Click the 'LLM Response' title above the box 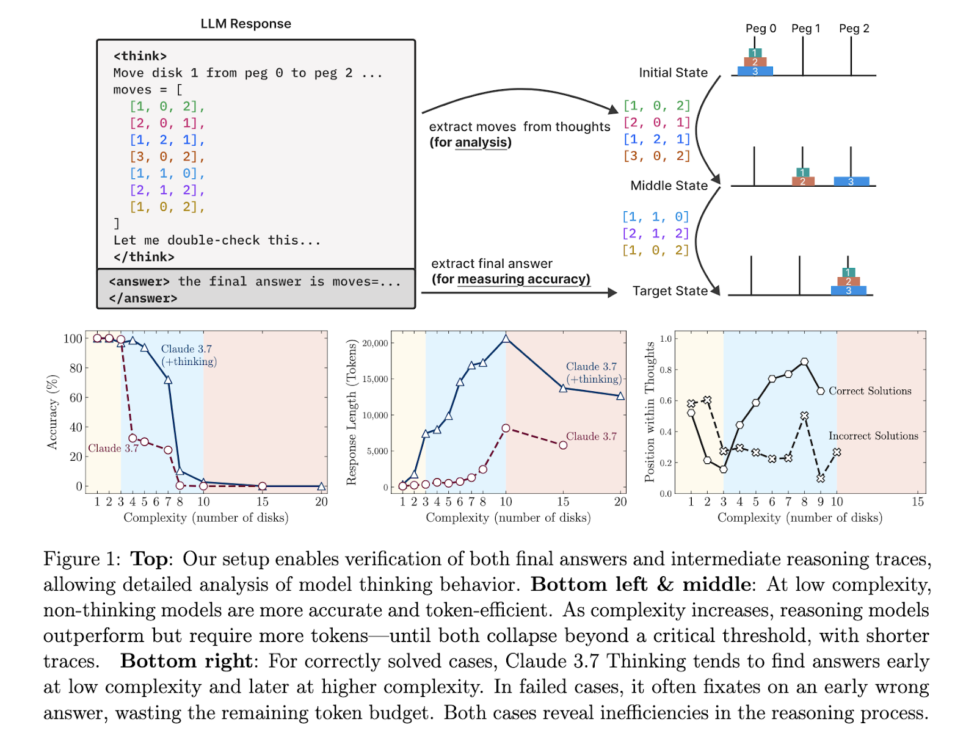pos(245,24)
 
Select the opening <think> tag pos(140,56)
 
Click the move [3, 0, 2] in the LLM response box pos(167,157)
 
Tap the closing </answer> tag pos(143,298)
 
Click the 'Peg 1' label pos(805,29)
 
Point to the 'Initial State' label pos(673,73)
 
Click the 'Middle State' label pos(669,186)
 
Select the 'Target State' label pos(670,291)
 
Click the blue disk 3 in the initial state pos(755,71)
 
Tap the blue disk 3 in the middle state pos(851,181)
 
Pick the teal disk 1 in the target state pos(848,272)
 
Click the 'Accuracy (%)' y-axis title pos(53,413)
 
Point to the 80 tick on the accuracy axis pos(76,368)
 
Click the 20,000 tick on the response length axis pos(375,343)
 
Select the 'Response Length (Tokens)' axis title pos(351,413)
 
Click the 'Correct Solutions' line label pos(870,391)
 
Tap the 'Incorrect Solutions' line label pos(873,436)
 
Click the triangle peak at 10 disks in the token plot pos(506,338)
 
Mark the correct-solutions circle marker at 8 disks pos(804,362)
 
